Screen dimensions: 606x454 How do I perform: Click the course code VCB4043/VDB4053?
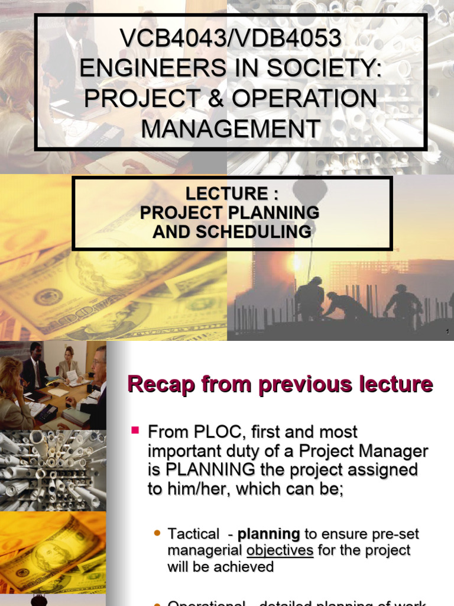[x=231, y=39]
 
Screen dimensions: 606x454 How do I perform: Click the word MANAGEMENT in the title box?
[x=231, y=128]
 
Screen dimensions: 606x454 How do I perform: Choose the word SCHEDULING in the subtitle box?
[x=258, y=231]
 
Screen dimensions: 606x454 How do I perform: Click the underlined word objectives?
[x=280, y=550]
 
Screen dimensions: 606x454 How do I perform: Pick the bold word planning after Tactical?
[x=268, y=534]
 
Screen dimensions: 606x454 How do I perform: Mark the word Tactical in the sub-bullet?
[x=193, y=534]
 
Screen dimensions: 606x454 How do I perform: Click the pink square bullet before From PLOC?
[x=135, y=428]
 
